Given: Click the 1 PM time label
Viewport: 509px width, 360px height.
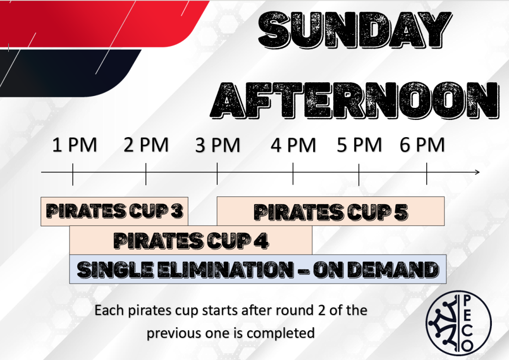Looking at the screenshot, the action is coord(75,145).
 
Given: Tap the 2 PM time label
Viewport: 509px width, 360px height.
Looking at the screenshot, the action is coord(146,145).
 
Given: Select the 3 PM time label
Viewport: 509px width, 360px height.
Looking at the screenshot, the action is coord(217,145).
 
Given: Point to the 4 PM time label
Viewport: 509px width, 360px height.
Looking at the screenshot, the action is coord(293,145).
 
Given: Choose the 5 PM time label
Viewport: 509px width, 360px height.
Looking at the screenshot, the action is coord(359,145).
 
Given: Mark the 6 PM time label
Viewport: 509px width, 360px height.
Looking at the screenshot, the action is coord(422,145).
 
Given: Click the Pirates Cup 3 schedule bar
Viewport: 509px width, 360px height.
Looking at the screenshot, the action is coord(114,211).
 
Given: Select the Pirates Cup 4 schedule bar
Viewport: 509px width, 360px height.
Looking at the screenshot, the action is coord(191,240).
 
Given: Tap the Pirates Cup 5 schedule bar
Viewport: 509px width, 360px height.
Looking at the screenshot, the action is coord(330,211).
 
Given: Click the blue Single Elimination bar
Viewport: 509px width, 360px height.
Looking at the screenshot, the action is coord(258,269).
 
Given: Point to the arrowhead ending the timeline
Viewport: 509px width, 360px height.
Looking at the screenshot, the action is coord(478,172).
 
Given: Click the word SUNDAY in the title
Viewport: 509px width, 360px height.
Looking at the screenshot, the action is coord(355,30).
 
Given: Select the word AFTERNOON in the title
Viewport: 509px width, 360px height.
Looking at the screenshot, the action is coord(354,100).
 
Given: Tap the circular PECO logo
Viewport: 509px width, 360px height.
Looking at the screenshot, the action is coord(459,323).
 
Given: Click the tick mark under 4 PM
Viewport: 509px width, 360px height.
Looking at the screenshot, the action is coord(293,174).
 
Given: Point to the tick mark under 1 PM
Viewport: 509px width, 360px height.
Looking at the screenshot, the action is coord(73,174).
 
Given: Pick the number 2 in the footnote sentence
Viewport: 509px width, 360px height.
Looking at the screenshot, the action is coord(322,311).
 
